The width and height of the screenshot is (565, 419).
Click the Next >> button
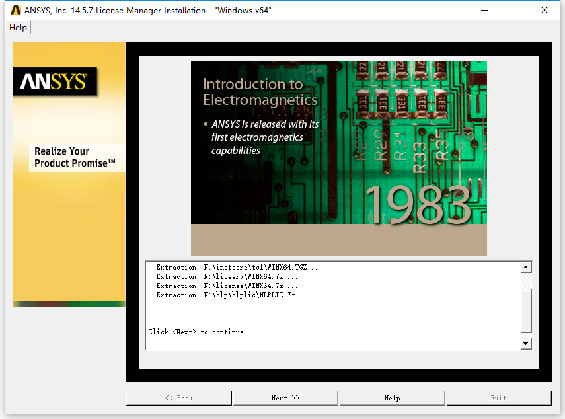click(285, 398)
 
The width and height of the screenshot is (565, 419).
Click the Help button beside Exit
click(392, 398)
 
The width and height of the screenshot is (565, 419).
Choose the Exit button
click(499, 398)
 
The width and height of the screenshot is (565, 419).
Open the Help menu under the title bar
click(18, 28)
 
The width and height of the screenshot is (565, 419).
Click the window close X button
click(545, 10)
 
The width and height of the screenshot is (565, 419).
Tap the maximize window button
click(514, 10)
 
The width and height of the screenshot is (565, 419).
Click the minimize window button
click(484, 10)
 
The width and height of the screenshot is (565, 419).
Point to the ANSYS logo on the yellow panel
click(55, 81)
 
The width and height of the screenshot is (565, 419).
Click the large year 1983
click(418, 205)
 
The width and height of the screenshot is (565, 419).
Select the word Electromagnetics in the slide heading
click(260, 100)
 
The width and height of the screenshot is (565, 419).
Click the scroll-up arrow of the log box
click(526, 267)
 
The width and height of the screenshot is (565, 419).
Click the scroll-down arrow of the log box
click(526, 344)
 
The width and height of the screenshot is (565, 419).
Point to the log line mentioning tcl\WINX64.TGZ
click(239, 267)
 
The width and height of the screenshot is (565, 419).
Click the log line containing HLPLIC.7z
click(233, 295)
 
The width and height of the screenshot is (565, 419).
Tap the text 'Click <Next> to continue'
click(203, 332)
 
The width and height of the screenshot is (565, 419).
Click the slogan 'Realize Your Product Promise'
click(75, 157)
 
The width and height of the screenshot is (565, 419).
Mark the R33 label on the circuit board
click(419, 157)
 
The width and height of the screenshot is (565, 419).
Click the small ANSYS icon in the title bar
click(16, 10)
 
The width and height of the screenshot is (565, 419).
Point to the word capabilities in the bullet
click(236, 151)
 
